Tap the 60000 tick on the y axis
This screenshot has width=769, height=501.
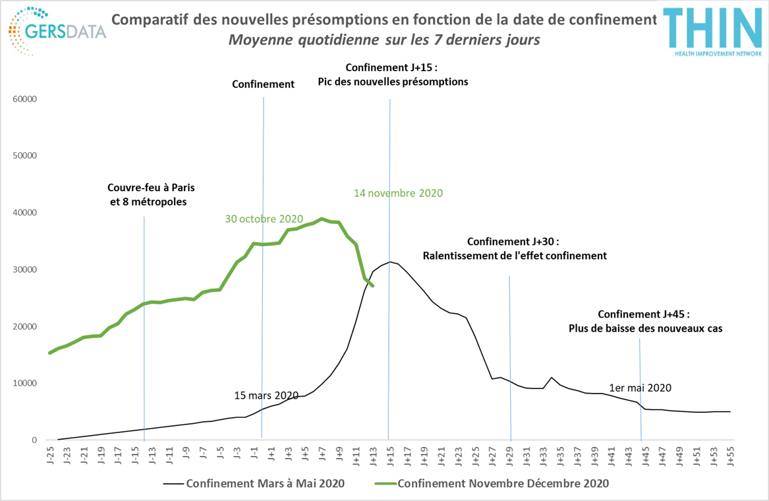25,99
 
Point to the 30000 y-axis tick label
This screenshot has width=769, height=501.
25,270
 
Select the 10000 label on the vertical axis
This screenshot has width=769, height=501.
25,383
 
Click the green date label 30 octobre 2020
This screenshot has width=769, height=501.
264,219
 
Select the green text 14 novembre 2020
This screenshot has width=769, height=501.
398,193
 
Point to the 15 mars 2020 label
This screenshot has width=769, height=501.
266,396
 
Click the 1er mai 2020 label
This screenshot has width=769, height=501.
641,388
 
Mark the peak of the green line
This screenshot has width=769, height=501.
322,219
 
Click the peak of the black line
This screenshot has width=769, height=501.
390,262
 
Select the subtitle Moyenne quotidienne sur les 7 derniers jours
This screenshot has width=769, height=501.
384,40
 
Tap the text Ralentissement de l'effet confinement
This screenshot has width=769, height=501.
514,255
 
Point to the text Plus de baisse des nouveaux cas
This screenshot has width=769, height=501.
646,328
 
